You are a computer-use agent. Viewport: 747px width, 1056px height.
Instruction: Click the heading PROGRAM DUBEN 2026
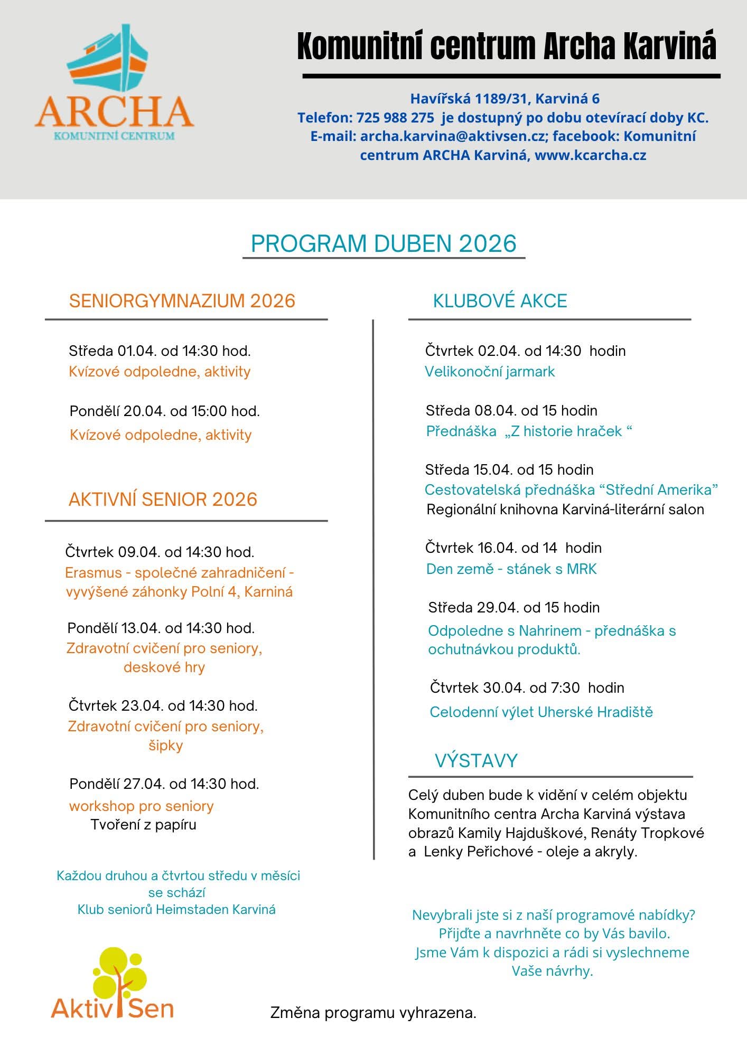pyautogui.click(x=384, y=243)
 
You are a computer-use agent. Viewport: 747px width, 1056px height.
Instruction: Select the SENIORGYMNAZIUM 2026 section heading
pyautogui.click(x=182, y=301)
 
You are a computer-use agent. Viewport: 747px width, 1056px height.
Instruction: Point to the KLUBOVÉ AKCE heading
pyautogui.click(x=500, y=301)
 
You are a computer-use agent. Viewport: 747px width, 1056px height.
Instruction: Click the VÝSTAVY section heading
pyautogui.click(x=476, y=760)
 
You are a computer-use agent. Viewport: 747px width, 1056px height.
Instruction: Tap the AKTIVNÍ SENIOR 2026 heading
pyautogui.click(x=163, y=499)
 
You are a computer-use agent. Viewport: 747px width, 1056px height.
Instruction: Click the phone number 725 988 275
pyautogui.click(x=395, y=118)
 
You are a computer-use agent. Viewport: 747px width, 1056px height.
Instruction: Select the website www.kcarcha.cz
pyautogui.click(x=590, y=155)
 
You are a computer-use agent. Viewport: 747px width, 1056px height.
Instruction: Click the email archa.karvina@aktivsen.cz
pyautogui.click(x=452, y=136)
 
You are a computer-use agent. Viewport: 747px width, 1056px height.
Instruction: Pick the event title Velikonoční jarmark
pyautogui.click(x=490, y=372)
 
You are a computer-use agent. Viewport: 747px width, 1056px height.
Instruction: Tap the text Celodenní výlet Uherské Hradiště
pyautogui.click(x=541, y=712)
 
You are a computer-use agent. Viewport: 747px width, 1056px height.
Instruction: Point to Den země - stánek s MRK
pyautogui.click(x=511, y=569)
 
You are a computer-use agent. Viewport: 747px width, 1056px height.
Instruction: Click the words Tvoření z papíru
pyautogui.click(x=143, y=825)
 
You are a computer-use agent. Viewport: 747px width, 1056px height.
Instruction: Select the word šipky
pyautogui.click(x=165, y=746)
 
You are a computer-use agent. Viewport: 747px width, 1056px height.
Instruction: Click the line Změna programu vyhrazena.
pyautogui.click(x=373, y=1013)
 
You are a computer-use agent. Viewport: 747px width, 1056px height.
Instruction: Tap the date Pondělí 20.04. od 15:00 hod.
pyautogui.click(x=164, y=411)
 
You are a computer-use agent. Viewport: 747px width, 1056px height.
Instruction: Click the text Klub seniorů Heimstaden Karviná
pyautogui.click(x=176, y=909)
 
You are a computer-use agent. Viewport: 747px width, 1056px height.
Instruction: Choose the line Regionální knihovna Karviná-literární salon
pyautogui.click(x=565, y=510)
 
